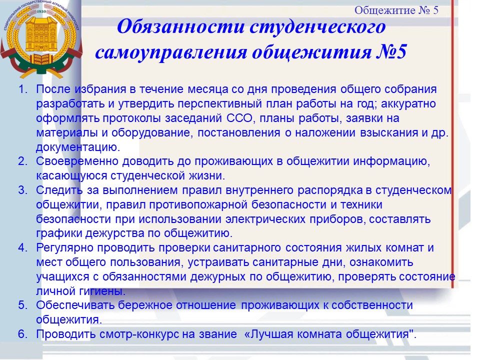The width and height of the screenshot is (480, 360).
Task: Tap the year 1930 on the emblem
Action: point(41,11)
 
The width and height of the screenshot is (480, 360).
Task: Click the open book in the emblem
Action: point(41,59)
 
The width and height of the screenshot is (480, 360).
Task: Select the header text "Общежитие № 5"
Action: point(396,10)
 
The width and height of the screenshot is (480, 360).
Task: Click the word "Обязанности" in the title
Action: point(181,26)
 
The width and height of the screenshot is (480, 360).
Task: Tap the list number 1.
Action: point(23,89)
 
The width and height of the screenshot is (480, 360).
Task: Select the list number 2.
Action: point(23,161)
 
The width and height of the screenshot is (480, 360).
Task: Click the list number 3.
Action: point(23,190)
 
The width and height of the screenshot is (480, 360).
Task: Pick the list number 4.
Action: point(23,247)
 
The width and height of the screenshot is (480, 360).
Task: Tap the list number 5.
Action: point(23,305)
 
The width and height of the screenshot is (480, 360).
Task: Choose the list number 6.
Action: point(23,333)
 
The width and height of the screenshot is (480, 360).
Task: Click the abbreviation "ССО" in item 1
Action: point(239,118)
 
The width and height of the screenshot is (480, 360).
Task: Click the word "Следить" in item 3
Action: point(59,190)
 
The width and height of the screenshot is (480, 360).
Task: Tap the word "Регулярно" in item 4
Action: point(64,248)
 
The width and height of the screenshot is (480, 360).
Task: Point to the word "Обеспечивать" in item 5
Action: point(75,305)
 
